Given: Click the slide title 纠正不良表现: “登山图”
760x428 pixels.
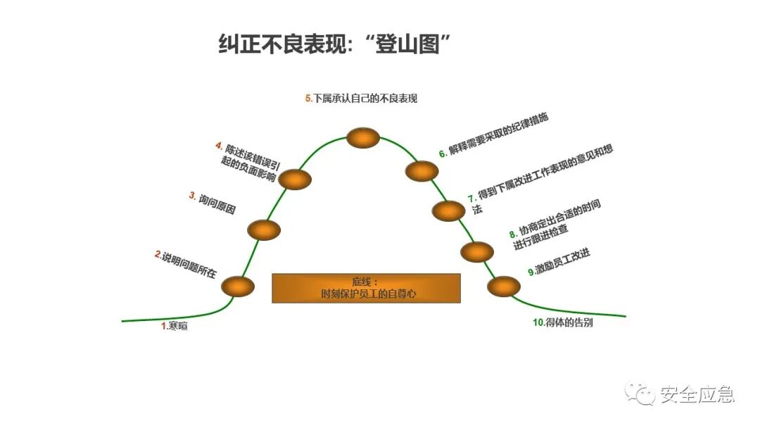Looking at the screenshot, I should [x=334, y=45].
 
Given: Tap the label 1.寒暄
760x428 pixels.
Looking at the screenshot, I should [x=175, y=326].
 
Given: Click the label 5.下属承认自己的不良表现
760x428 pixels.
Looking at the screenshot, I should [x=361, y=99].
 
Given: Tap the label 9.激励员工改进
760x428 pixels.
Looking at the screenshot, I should [x=559, y=262].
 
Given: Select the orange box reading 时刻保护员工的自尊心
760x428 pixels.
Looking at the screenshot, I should [x=366, y=288].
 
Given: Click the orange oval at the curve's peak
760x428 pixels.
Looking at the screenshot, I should [x=363, y=138].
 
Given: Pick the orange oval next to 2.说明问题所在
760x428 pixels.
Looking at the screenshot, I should [x=237, y=286].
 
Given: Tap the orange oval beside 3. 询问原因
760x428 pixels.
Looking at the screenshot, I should [x=264, y=229].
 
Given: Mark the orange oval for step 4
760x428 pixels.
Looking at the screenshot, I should [x=295, y=179].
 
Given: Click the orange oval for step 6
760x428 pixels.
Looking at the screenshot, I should [x=422, y=170].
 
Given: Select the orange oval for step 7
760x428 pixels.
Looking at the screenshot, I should [x=448, y=210].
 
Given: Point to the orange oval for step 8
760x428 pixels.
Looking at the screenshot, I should [x=477, y=251].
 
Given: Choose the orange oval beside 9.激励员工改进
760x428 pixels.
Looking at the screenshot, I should [x=504, y=287].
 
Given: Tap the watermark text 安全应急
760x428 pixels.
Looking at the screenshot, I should [x=697, y=395].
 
